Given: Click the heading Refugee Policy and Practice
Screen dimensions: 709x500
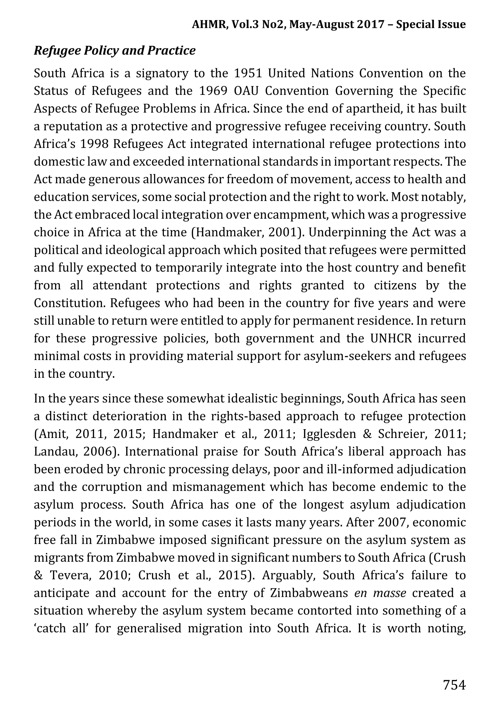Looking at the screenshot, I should coord(115,51).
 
